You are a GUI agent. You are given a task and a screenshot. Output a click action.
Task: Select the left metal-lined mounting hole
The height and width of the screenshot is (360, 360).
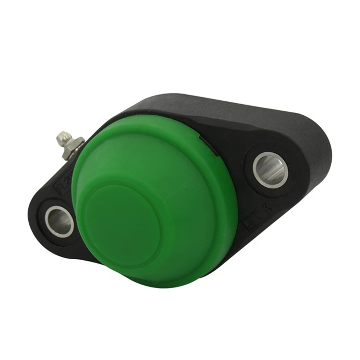pyautogui.click(x=60, y=221)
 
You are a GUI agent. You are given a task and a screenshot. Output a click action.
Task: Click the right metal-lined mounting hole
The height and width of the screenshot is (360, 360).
pyautogui.click(x=271, y=169)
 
